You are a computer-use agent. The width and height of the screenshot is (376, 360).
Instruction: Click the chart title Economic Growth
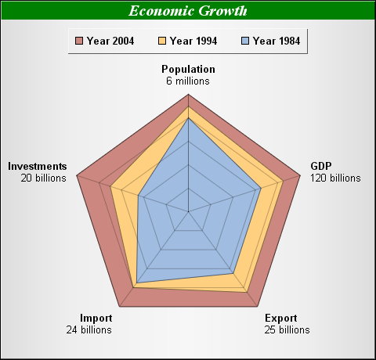(188, 11)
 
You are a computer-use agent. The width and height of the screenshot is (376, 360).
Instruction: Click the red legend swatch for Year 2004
(79, 41)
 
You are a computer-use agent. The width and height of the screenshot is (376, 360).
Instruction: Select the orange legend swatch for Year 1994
(162, 41)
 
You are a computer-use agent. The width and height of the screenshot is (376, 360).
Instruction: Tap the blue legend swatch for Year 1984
(245, 41)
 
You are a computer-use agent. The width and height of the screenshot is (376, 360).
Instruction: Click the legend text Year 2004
(110, 41)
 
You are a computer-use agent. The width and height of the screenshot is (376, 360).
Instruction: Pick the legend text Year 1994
(193, 41)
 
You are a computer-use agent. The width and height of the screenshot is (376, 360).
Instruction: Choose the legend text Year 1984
(277, 41)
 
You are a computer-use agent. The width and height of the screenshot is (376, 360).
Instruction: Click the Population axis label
(188, 69)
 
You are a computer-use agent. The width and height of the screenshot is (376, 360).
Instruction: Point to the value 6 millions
(188, 81)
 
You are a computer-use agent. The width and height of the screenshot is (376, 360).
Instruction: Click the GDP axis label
(321, 166)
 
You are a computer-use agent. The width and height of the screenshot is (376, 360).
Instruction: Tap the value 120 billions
(335, 178)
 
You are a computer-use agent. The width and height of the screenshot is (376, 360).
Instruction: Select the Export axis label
(281, 318)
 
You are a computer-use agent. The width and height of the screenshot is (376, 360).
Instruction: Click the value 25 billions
(287, 329)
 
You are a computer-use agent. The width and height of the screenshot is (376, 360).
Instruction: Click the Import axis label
(96, 318)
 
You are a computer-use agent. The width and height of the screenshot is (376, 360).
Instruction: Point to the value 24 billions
(89, 329)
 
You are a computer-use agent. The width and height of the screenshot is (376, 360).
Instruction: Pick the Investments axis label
(38, 166)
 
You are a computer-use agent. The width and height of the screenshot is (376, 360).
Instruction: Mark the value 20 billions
(44, 178)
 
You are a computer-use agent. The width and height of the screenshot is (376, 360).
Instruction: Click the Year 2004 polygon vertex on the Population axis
(188, 95)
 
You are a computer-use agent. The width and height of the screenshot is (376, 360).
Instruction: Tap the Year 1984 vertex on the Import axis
(137, 283)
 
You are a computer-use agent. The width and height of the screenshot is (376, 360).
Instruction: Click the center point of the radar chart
(188, 211)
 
